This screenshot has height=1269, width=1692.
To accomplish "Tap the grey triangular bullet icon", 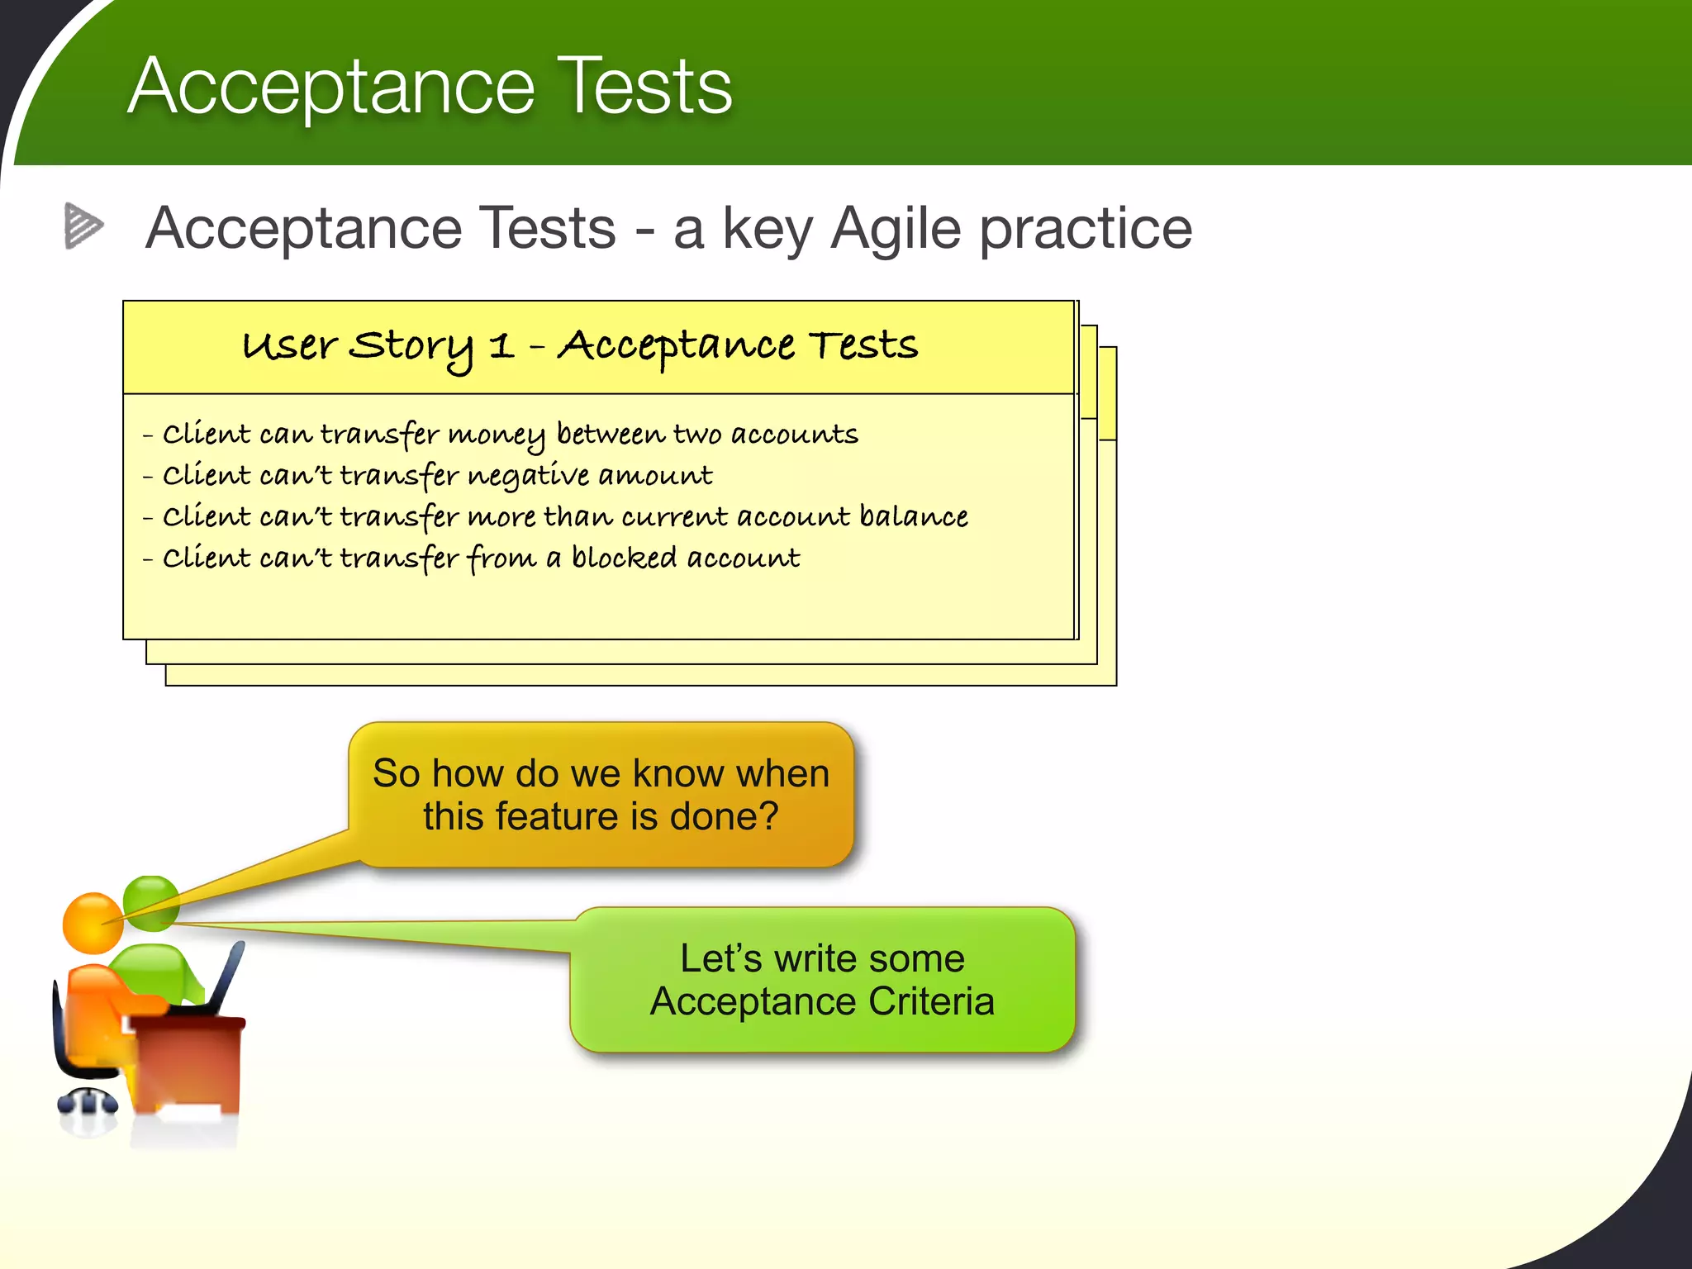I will [83, 226].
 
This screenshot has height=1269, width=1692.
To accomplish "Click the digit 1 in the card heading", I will [501, 345].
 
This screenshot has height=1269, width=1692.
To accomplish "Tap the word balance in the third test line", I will [914, 517].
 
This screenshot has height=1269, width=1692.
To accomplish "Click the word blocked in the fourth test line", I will [624, 558].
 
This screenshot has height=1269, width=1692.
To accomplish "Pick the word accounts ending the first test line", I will [794, 435].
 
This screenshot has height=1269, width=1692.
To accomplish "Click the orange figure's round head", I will [92, 923].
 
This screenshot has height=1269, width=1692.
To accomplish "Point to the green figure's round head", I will [152, 901].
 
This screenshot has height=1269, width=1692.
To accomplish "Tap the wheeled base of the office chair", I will [88, 1102].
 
